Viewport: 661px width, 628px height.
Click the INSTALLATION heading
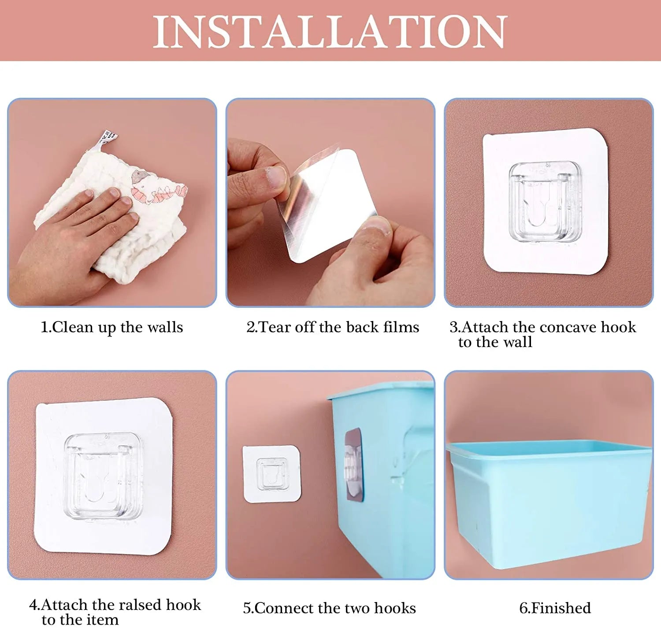click(x=330, y=32)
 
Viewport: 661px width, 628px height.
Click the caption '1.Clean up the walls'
click(x=111, y=327)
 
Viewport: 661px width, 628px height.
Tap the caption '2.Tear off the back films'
click(x=333, y=327)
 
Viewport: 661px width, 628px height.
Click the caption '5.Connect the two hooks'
click(x=330, y=608)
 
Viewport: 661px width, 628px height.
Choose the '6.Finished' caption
click(x=555, y=608)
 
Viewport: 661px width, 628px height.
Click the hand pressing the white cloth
click(x=74, y=242)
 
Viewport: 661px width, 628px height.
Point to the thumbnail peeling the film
click(x=276, y=177)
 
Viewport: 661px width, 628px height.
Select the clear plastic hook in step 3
click(x=546, y=202)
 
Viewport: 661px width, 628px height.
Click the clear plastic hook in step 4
click(x=103, y=477)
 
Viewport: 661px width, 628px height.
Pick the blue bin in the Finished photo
click(x=549, y=504)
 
